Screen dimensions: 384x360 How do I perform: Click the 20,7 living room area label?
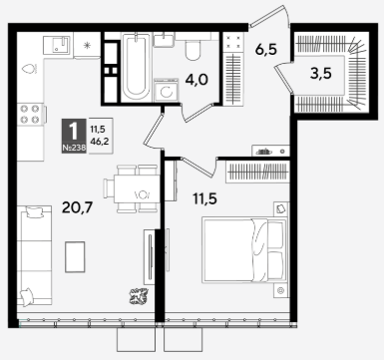[78, 208]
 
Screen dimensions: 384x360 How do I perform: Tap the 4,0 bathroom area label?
[196, 80]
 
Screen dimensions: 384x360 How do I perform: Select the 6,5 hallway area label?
[266, 50]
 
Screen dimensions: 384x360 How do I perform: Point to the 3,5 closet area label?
[321, 74]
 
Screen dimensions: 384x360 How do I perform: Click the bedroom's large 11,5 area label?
[205, 198]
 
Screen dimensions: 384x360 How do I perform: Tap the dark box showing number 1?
[74, 136]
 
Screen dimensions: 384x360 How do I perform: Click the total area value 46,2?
[100, 142]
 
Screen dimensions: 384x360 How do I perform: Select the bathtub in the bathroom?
[136, 67]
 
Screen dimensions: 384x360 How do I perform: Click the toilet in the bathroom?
[192, 50]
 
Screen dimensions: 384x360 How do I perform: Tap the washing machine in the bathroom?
[166, 90]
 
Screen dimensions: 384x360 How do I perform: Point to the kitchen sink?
[57, 45]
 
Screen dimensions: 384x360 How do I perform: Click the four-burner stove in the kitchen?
[30, 114]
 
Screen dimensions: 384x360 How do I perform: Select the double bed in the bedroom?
[244, 249]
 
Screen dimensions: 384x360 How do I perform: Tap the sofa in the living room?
[34, 256]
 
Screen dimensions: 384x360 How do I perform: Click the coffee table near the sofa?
[75, 256]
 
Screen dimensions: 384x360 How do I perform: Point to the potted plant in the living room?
[139, 296]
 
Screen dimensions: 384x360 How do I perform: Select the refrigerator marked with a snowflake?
[87, 46]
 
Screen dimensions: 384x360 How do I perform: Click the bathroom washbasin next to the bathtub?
[164, 40]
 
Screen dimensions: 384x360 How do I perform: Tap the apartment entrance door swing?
[270, 16]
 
